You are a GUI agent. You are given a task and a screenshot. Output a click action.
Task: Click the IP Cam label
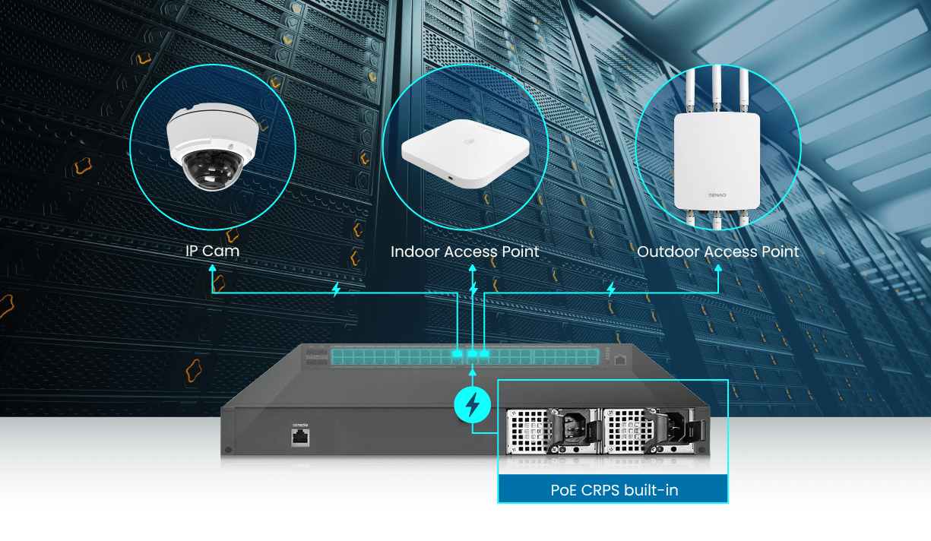[x=212, y=251]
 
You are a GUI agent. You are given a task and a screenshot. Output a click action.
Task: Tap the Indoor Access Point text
[x=464, y=252]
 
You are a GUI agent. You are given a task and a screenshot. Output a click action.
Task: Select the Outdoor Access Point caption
[x=717, y=252]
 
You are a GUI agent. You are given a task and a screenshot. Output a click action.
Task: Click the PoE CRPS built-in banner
[x=613, y=490]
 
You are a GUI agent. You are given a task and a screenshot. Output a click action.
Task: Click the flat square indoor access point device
[x=464, y=153]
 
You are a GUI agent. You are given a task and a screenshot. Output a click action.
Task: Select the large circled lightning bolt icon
[x=473, y=405]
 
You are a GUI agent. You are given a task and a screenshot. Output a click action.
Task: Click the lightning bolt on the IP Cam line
[x=336, y=289]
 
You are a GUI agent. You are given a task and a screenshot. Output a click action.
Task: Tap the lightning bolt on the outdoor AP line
[x=610, y=289]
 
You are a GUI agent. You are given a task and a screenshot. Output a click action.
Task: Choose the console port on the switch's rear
[x=300, y=436]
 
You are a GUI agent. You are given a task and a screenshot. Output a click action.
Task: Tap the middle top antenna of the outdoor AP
[x=717, y=88]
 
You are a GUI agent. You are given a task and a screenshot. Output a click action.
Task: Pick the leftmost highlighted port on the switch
[x=457, y=353]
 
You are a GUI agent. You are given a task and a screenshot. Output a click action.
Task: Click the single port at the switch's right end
[x=620, y=359]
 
